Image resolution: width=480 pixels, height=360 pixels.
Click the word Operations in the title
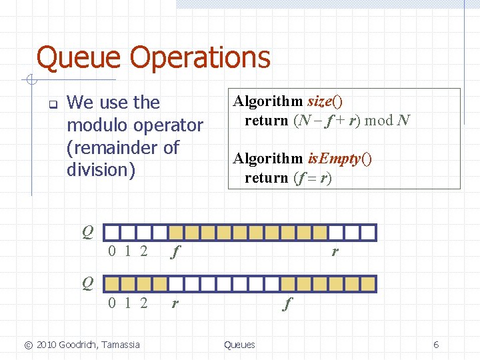(x=200, y=57)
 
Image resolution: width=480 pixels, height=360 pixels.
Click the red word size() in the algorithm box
(x=325, y=101)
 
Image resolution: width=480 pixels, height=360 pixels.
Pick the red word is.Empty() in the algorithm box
(x=339, y=159)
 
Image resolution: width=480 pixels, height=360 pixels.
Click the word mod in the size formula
(x=379, y=121)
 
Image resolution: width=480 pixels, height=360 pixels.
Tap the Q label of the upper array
(x=88, y=232)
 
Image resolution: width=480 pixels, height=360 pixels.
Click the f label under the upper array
(x=175, y=252)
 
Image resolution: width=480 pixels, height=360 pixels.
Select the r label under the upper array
(x=335, y=251)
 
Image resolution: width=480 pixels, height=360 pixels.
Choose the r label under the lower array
(x=175, y=303)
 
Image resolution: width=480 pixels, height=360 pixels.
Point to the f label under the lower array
(x=287, y=303)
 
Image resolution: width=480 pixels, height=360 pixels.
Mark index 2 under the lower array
(x=143, y=303)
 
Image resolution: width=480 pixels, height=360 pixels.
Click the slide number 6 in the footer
(x=436, y=345)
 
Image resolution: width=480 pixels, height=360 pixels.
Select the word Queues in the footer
(x=239, y=345)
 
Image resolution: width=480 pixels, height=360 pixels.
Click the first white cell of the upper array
(x=113, y=232)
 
